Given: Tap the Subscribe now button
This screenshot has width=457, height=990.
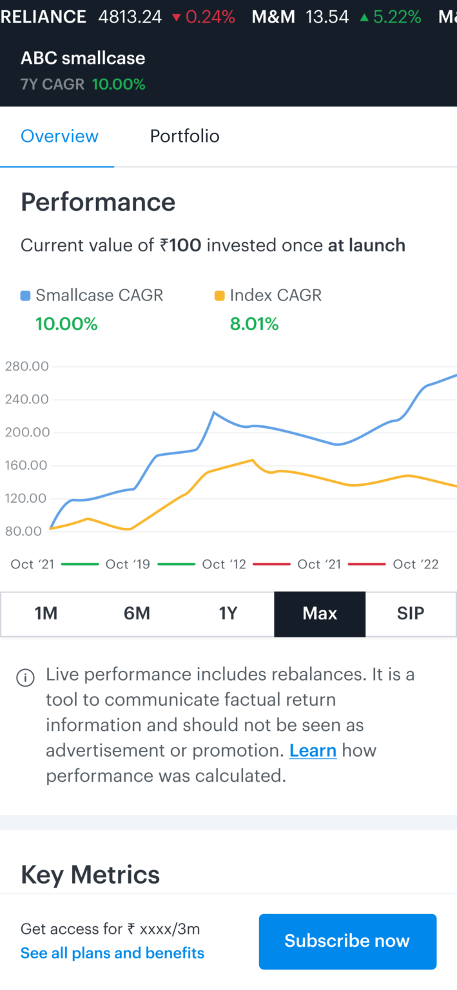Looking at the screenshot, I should tap(347, 941).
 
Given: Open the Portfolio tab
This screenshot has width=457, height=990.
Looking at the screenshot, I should tap(184, 136).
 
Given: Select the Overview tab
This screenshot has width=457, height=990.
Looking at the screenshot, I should tap(59, 136).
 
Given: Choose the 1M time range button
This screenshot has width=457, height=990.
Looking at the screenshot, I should tap(46, 614).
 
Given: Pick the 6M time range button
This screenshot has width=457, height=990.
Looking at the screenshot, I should tap(137, 614).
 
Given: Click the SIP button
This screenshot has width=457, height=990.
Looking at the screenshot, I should tap(411, 614).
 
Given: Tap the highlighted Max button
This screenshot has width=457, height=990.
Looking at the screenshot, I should tap(320, 614).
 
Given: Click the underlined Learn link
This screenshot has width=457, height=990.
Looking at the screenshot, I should tap(313, 750).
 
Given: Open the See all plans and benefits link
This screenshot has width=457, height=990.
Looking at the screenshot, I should tap(112, 953).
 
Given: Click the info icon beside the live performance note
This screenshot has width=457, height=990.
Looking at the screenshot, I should tap(25, 678).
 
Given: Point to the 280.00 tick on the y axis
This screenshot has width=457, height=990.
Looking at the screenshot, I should tap(26, 367).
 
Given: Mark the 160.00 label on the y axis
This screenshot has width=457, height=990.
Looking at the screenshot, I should tap(26, 465).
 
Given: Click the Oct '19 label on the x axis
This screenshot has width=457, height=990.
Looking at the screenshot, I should tap(128, 565).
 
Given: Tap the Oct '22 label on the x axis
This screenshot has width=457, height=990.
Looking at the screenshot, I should tap(416, 565).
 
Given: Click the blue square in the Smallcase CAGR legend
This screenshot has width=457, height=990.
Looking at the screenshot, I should tap(25, 296).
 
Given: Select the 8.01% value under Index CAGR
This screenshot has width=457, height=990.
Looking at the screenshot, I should tap(254, 324).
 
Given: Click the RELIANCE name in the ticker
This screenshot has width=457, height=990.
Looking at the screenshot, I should tap(43, 17).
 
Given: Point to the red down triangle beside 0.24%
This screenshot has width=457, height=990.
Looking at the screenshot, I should tap(176, 17).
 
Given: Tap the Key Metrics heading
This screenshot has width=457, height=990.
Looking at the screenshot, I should tap(90, 875).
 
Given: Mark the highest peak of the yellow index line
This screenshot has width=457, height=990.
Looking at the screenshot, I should tap(252, 460).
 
